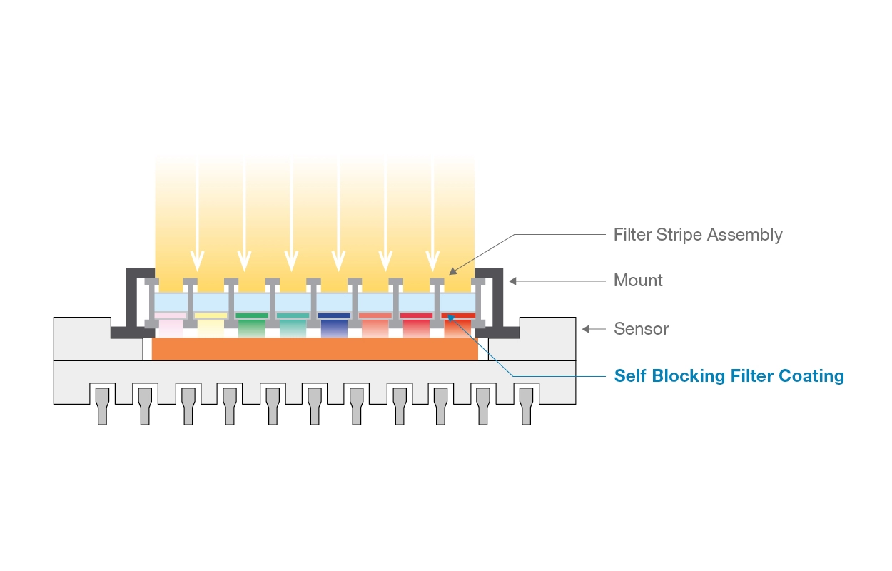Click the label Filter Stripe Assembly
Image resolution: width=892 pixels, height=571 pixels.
tap(697, 235)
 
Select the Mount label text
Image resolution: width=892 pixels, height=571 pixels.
tap(638, 281)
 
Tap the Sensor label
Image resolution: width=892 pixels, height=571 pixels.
tap(641, 329)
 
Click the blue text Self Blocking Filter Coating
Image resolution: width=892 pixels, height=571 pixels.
tap(729, 376)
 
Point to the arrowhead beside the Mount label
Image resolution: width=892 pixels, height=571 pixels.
tap(512, 281)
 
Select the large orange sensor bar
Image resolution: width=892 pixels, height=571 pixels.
tap(315, 349)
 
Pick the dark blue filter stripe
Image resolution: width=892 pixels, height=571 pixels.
tap(334, 315)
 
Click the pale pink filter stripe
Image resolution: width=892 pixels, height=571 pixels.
tap(170, 315)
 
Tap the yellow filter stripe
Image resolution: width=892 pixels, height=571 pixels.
tap(211, 315)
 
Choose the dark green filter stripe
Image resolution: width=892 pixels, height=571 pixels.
tap(251, 315)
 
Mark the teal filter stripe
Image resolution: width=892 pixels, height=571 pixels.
tap(293, 315)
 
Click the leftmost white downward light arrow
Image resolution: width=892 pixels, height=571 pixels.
tap(198, 214)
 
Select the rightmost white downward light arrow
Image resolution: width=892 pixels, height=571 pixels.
tap(432, 214)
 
